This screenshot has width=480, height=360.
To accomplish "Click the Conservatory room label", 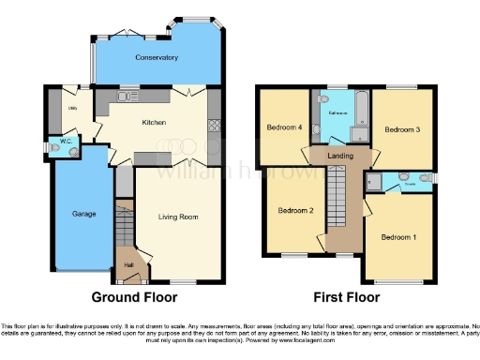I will click(156, 57).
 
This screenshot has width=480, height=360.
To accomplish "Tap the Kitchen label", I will click(154, 123).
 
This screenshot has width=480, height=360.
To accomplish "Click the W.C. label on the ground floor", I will click(67, 142).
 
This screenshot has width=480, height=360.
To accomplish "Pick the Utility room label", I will click(71, 108).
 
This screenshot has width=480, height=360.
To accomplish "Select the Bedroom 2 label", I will click(295, 211).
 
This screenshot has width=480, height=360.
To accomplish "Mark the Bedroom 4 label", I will click(283, 128).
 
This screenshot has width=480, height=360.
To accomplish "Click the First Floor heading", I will click(346, 297).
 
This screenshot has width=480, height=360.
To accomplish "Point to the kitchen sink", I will click(127, 96).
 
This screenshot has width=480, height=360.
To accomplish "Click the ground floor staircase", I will click(123, 225).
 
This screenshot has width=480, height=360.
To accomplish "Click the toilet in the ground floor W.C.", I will click(54, 148).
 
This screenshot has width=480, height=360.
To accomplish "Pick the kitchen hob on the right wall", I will click(214, 125).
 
